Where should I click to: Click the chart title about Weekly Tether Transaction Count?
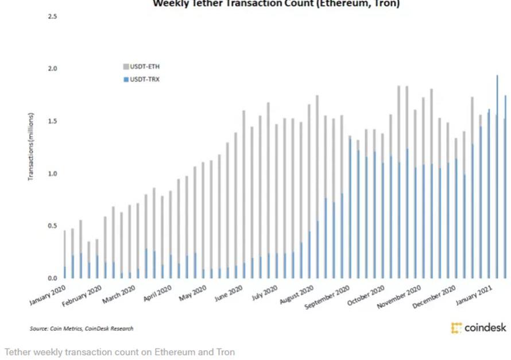275,4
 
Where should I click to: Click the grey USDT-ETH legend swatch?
126,67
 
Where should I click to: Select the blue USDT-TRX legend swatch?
126,79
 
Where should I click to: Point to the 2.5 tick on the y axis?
52,16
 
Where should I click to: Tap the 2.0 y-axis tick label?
52,69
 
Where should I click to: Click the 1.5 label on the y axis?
52,121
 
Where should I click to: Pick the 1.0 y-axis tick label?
52,173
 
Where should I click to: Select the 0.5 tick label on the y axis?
52,226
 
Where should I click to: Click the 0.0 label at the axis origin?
52,278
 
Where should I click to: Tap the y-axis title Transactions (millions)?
32,147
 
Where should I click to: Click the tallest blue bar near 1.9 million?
497,172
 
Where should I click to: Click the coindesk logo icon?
456,328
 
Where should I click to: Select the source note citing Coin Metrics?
82,328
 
